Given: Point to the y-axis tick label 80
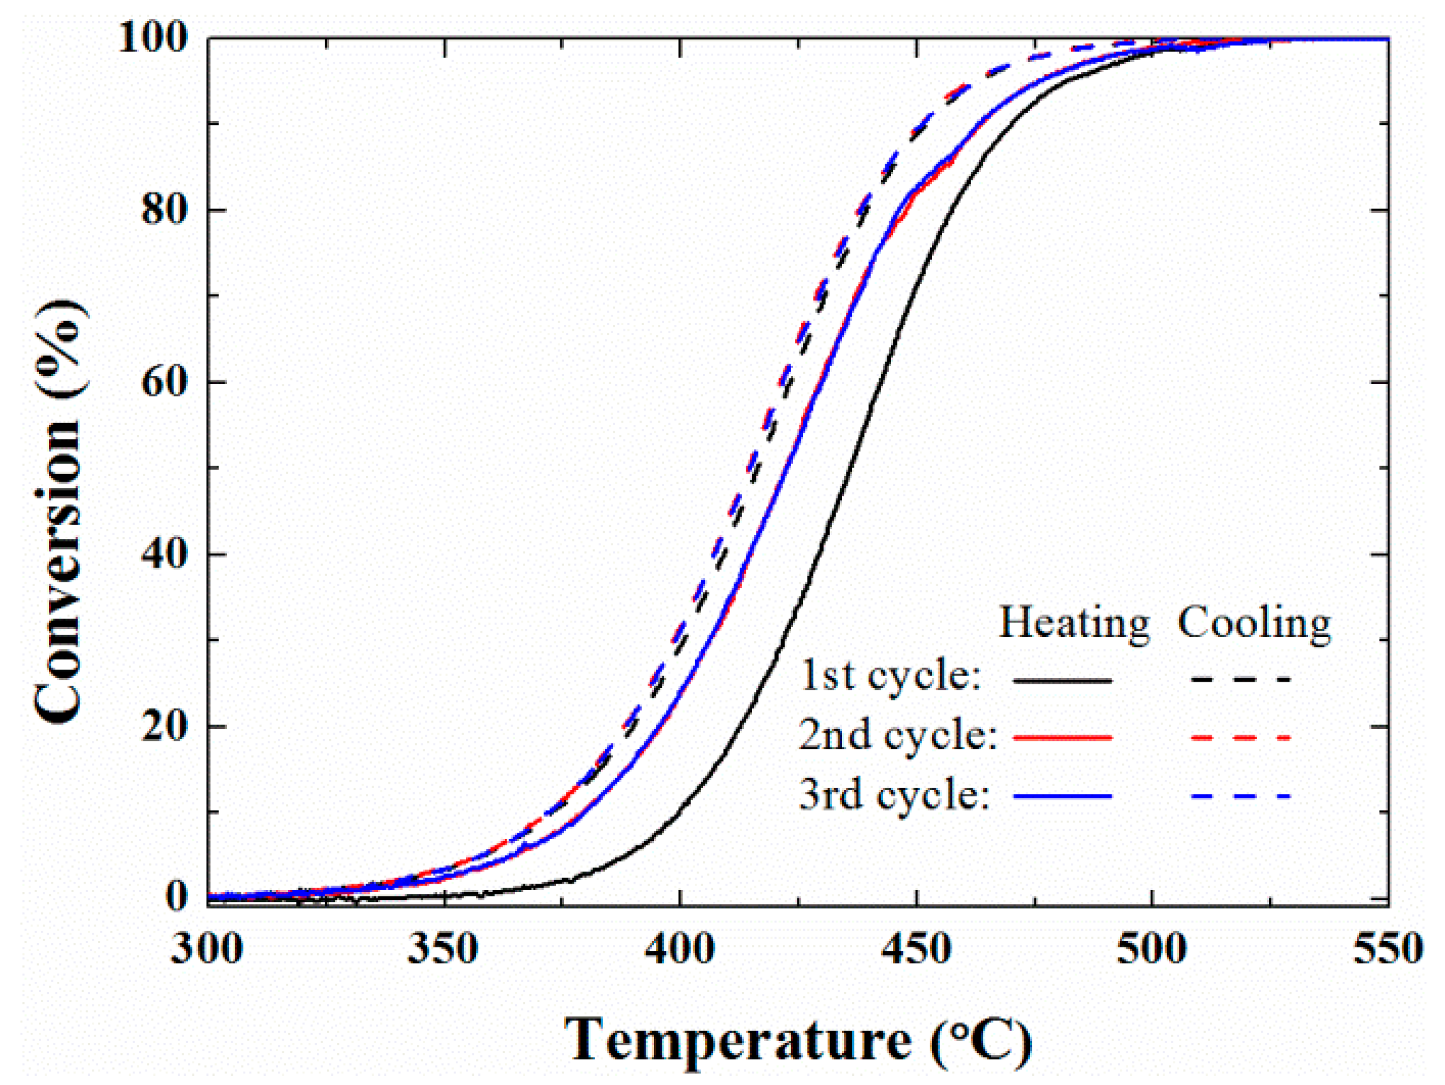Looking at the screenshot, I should (165, 210).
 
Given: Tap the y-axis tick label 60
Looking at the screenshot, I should (165, 382).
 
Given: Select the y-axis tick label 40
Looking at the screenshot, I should (165, 554).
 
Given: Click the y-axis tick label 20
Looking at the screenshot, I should (165, 726).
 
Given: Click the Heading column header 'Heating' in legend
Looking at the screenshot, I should (1074, 624).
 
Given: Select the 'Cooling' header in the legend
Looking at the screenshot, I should (1254, 624).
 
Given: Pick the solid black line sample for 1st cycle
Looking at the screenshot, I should (1062, 680).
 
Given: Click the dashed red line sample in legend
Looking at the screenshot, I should (1240, 738).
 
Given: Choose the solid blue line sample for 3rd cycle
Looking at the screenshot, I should (1062, 796).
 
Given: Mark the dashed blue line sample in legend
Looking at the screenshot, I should (1240, 796).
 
